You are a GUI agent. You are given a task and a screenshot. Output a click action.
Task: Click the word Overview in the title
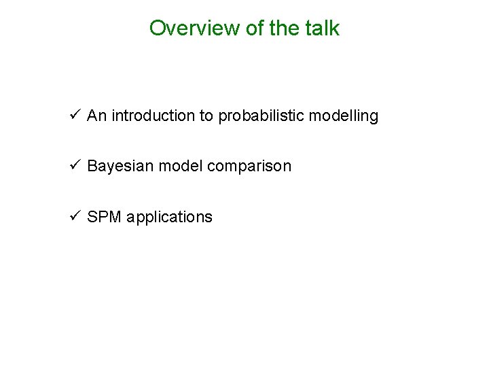(185, 29)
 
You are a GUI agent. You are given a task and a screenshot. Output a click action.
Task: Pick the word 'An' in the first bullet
(96, 116)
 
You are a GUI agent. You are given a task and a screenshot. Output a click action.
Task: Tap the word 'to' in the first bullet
(206, 116)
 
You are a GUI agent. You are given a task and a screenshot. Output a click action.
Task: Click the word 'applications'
(169, 217)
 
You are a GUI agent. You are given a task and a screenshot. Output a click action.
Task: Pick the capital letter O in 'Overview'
(157, 29)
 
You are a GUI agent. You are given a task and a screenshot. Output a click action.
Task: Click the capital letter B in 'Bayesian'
(92, 166)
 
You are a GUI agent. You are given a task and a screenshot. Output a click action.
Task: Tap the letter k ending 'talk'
(335, 29)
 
